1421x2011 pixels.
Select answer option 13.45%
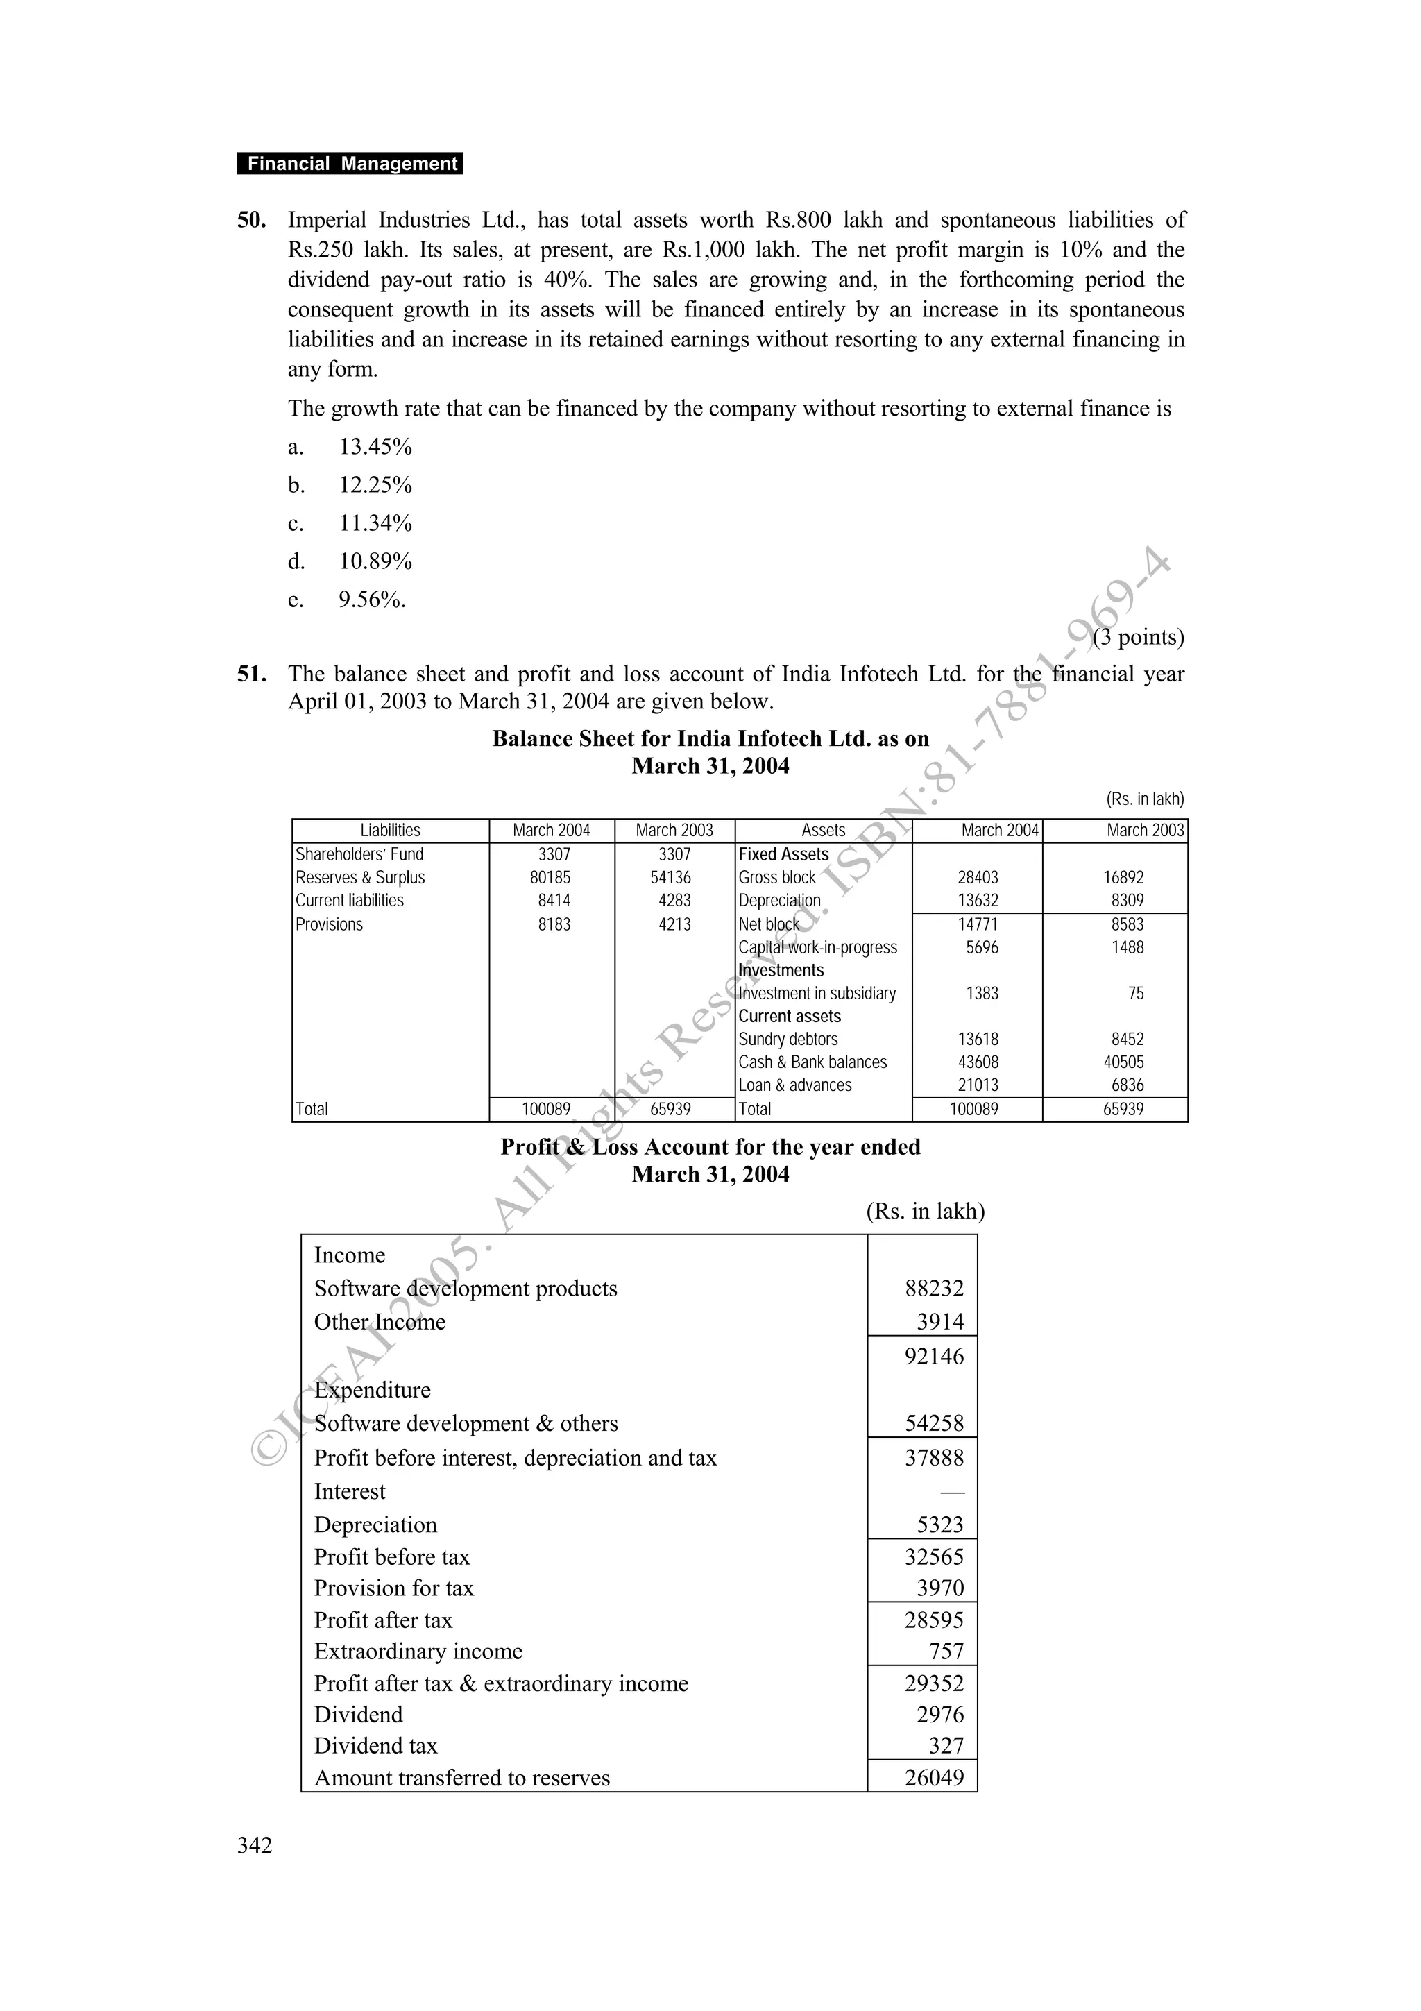375,447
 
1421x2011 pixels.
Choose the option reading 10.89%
375,561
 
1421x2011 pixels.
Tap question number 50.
251,220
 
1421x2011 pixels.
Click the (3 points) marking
1138,637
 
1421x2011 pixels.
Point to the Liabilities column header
390,831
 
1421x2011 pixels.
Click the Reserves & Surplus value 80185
551,878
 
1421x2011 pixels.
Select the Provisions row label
328,925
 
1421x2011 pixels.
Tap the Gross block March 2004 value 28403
977,878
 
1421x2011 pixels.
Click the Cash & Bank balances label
812,1062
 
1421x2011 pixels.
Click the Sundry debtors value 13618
977,1040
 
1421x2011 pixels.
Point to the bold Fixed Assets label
783,854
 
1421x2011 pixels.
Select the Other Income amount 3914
939,1322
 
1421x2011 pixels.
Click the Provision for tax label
393,1588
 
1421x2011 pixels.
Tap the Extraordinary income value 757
946,1651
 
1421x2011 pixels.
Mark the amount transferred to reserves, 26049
933,1777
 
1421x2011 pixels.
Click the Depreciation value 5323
939,1525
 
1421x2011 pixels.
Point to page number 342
254,1845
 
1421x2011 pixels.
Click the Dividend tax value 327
946,1746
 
